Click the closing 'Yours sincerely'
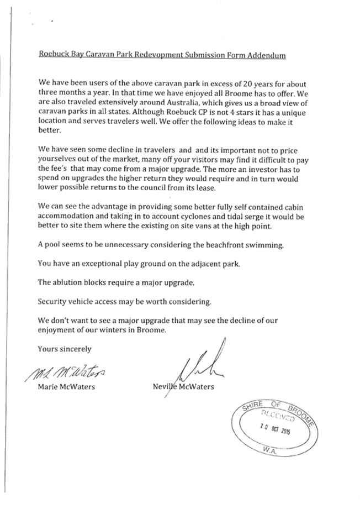point(64,349)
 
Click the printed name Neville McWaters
point(183,387)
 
